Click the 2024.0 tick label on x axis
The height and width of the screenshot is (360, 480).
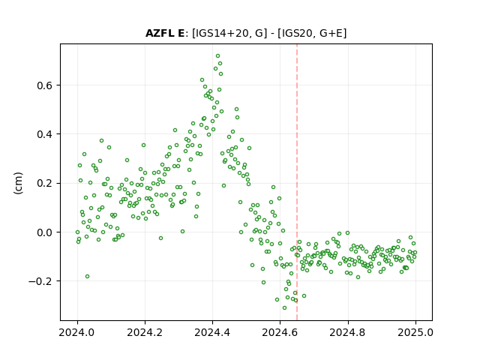[x=77, y=332]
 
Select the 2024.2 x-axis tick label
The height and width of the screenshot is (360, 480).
[x=145, y=332]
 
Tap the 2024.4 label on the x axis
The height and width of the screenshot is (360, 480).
[x=212, y=332]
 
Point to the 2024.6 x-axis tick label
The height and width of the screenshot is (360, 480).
[x=280, y=332]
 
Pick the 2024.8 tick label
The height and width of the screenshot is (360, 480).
[x=347, y=332]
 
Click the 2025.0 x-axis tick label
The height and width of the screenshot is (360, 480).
[x=415, y=332]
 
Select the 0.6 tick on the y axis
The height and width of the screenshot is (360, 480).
[x=44, y=85]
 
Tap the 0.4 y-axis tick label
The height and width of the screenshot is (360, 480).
[x=44, y=134]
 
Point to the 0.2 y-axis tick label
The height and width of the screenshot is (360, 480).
[x=44, y=183]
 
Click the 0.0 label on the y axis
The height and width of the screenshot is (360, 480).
[x=44, y=232]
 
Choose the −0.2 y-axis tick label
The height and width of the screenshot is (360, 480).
[x=40, y=281]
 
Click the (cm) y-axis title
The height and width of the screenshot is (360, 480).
[x=18, y=183]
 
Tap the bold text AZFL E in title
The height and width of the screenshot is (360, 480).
[x=165, y=33]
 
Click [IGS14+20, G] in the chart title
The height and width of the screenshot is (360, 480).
[x=227, y=33]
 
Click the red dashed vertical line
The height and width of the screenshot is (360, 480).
[x=297, y=182]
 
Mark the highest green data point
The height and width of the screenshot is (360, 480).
[x=217, y=56]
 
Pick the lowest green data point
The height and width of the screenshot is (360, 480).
[x=284, y=307]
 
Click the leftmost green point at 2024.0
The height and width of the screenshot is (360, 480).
[x=77, y=232]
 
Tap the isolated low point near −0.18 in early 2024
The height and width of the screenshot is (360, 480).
[x=87, y=277]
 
